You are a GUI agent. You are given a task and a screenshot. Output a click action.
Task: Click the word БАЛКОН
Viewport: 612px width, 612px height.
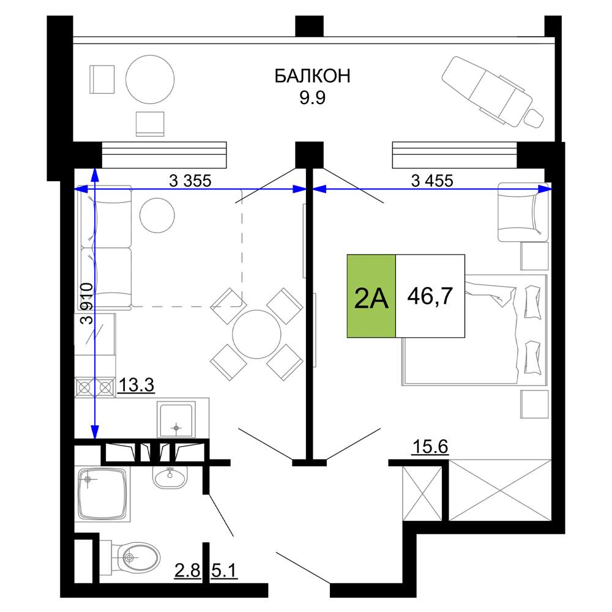(x=312, y=76)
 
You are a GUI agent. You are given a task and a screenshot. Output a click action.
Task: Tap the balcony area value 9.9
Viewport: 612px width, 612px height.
(x=312, y=97)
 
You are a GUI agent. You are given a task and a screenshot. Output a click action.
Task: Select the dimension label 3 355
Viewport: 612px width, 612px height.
(x=190, y=181)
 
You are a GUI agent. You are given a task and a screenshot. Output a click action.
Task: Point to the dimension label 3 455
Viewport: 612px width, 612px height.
(x=432, y=181)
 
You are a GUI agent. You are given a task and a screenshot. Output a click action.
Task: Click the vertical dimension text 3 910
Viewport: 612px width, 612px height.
(x=87, y=304)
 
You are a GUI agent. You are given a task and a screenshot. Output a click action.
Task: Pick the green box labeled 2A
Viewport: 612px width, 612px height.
(x=371, y=296)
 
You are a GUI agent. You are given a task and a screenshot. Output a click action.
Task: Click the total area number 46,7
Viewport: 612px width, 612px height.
(x=430, y=296)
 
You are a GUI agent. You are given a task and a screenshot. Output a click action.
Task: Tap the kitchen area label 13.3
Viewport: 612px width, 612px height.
(x=136, y=385)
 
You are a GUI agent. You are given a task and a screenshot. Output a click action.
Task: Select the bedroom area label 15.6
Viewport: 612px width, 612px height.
(x=430, y=447)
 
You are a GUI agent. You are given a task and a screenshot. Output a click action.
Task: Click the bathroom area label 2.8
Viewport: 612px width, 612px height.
(x=187, y=571)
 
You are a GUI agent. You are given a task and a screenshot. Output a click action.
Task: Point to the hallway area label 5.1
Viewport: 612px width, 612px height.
(x=225, y=571)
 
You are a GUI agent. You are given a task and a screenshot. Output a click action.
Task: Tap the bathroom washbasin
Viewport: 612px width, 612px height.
(x=170, y=477)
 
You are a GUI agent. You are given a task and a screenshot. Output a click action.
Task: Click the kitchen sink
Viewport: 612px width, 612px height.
(x=176, y=420)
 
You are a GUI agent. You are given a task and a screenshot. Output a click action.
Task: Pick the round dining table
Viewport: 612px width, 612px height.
(x=256, y=334)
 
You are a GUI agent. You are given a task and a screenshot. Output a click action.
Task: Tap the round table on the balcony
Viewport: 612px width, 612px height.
(x=150, y=79)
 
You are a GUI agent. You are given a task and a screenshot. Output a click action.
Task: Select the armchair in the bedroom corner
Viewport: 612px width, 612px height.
(x=523, y=212)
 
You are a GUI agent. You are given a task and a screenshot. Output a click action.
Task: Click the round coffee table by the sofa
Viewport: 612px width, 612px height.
(x=157, y=215)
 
